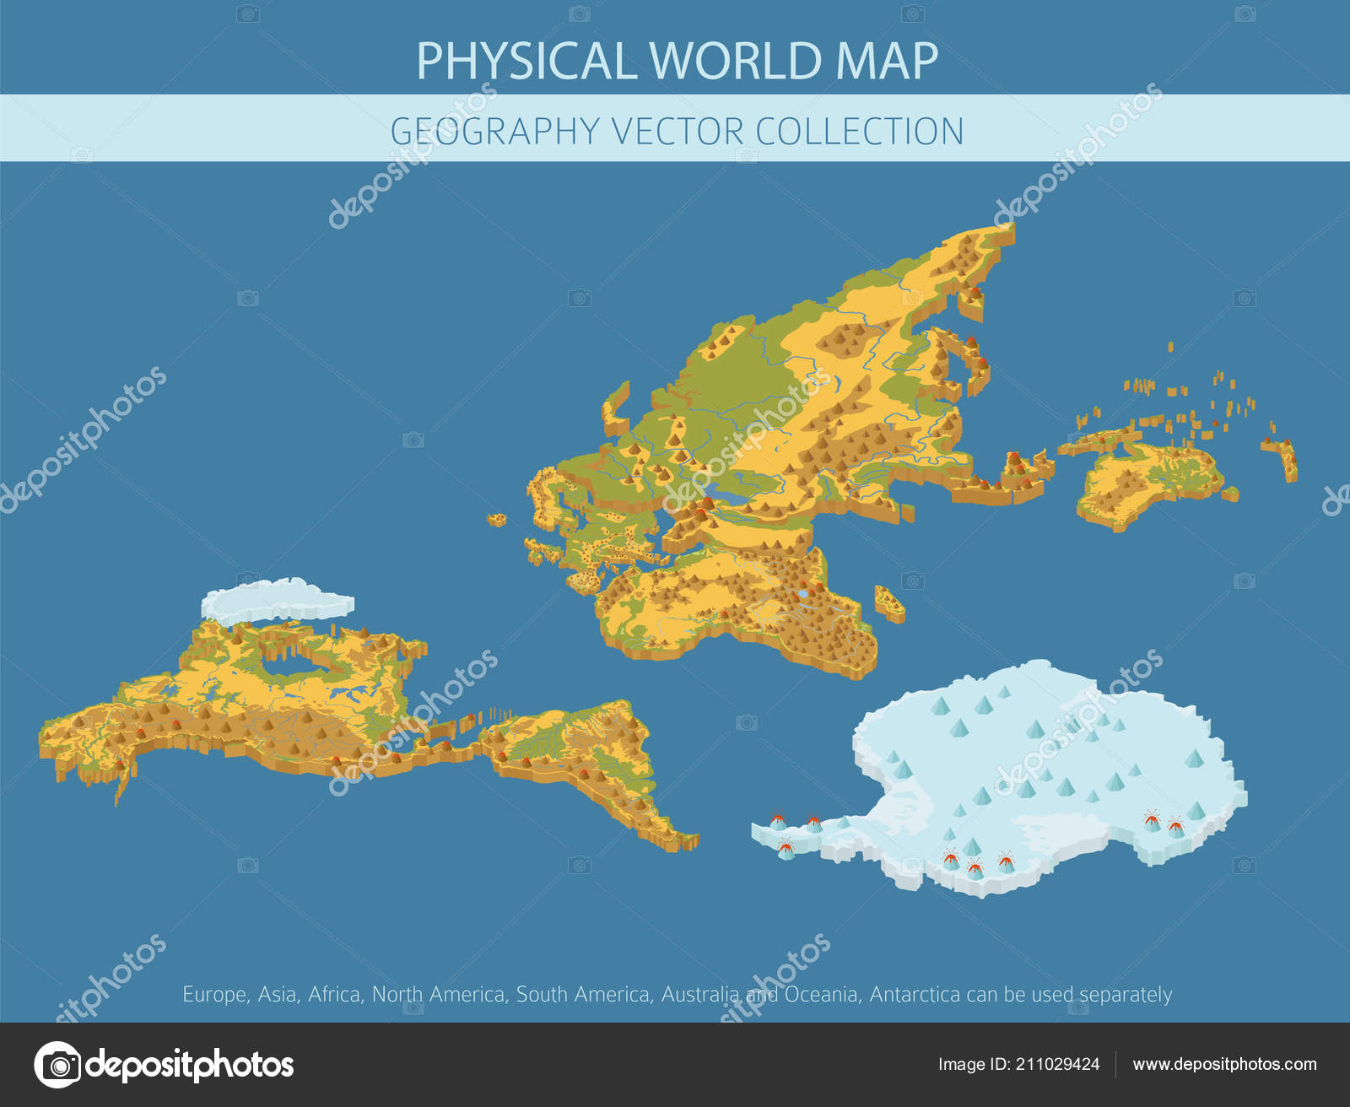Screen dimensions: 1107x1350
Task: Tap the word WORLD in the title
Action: (x=736, y=61)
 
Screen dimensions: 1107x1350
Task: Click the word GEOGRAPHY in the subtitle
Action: (x=494, y=132)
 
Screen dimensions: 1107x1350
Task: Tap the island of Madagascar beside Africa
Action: (x=889, y=602)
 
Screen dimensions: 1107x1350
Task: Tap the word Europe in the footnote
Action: (x=214, y=995)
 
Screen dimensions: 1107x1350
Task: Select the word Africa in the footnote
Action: (x=334, y=995)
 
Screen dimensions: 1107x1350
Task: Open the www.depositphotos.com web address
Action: (x=1224, y=1064)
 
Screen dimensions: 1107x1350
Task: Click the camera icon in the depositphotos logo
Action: (x=58, y=1065)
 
